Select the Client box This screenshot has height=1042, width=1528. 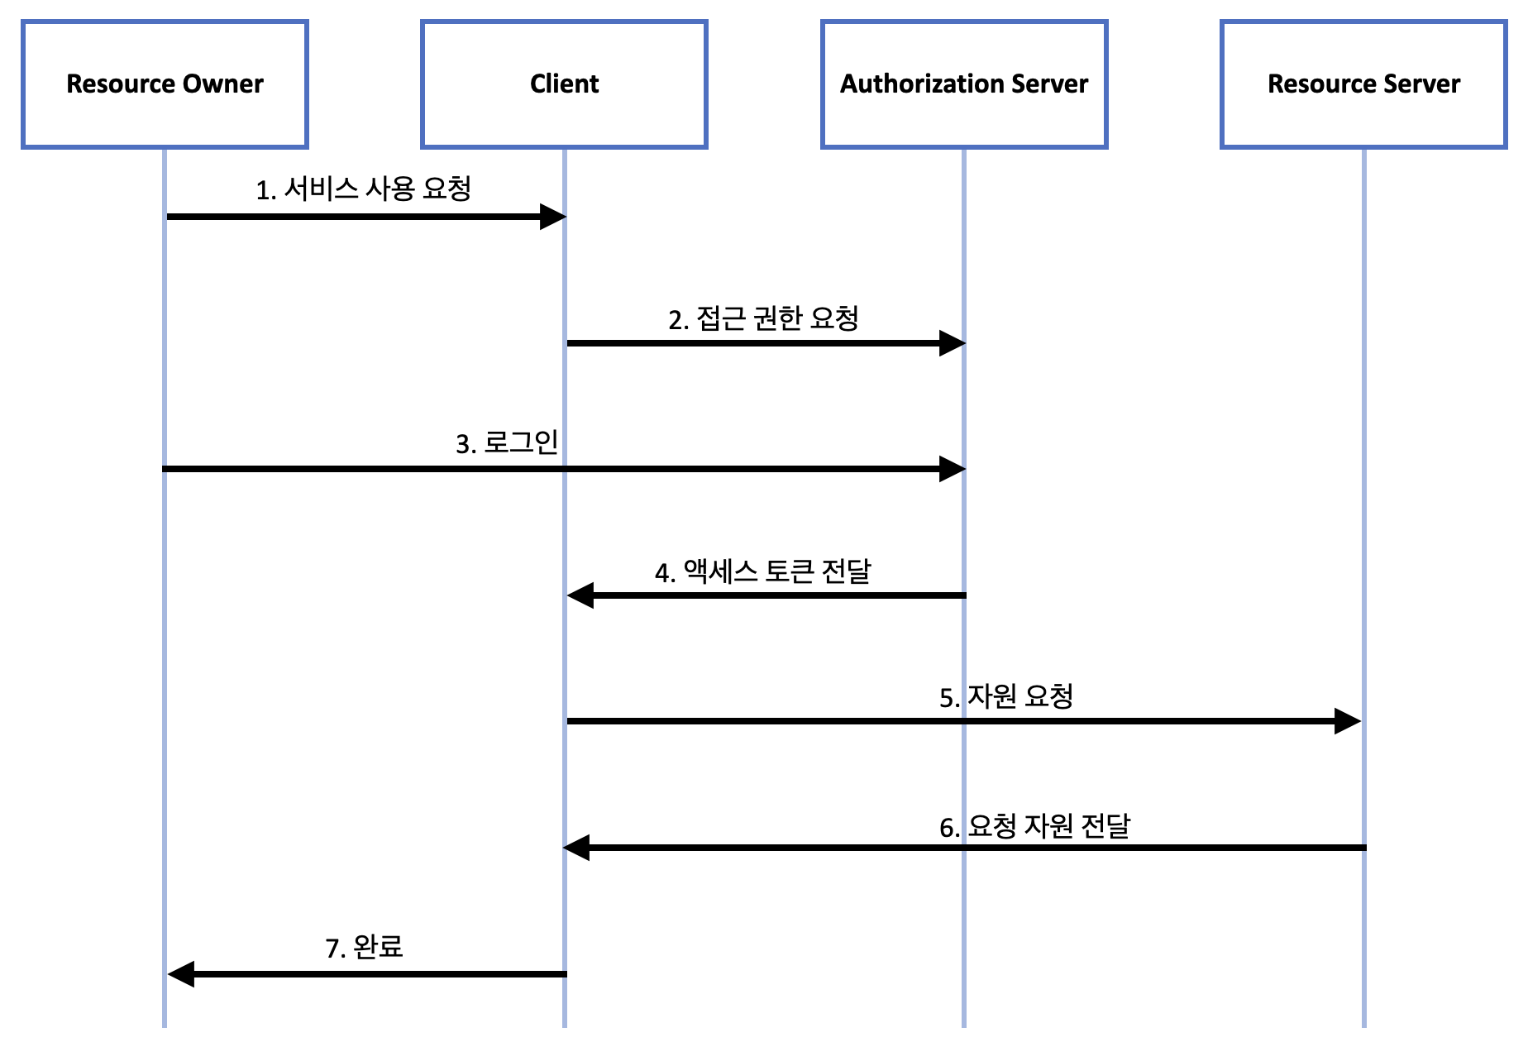(x=564, y=84)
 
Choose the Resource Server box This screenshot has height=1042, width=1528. (x=1363, y=84)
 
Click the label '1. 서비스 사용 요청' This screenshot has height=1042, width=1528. (x=363, y=189)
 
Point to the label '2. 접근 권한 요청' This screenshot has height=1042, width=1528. (x=763, y=318)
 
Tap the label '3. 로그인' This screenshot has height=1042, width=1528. (x=507, y=442)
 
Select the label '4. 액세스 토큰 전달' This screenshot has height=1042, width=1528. (x=762, y=571)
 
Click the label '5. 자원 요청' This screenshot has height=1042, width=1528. (x=1006, y=696)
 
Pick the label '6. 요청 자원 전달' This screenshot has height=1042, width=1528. (x=1034, y=826)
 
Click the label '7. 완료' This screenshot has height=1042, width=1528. (x=364, y=947)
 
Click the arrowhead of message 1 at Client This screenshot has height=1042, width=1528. (x=552, y=217)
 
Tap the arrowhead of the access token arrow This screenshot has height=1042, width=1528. (x=580, y=595)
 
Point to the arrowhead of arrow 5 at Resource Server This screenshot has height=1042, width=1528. (x=1348, y=721)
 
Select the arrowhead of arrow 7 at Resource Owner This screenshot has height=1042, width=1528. (x=181, y=974)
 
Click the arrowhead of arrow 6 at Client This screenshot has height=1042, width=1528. (x=576, y=848)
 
